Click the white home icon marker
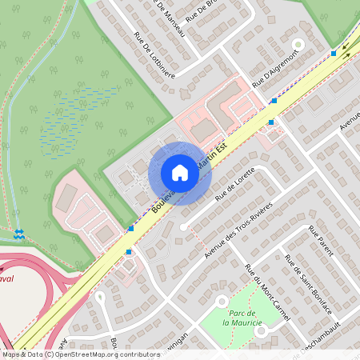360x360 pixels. (x=180, y=173)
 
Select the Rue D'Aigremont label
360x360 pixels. (x=275, y=68)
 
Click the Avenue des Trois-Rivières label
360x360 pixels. (x=238, y=230)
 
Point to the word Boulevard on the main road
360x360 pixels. (x=165, y=197)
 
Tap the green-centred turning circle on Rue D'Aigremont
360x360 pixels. (x=298, y=44)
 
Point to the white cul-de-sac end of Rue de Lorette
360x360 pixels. (x=183, y=228)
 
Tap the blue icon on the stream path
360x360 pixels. (x=19, y=234)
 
